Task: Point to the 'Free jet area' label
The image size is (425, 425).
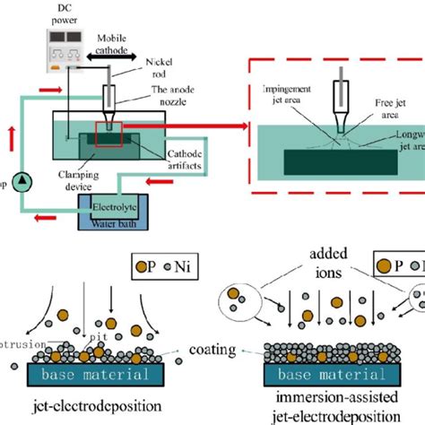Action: [386, 108]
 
